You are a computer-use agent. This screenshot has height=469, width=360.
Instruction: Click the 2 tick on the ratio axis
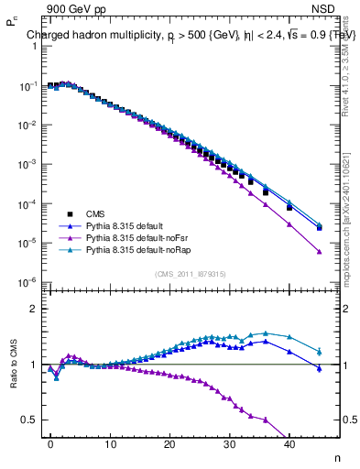tap(32, 309)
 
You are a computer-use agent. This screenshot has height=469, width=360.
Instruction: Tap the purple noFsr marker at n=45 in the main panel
tap(319, 252)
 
